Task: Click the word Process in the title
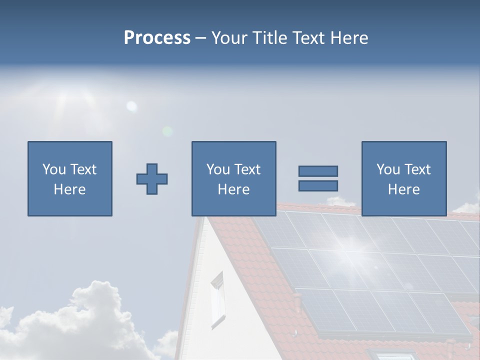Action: click(x=157, y=38)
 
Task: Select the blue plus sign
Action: click(x=152, y=179)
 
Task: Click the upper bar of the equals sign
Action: click(x=318, y=171)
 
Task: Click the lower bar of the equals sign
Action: click(x=318, y=186)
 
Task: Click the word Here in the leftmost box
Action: click(x=69, y=189)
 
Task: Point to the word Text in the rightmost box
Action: click(x=418, y=169)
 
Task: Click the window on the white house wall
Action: click(x=217, y=299)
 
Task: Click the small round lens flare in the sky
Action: click(x=131, y=106)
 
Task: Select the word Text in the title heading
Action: click(x=307, y=38)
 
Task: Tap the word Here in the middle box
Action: click(x=233, y=189)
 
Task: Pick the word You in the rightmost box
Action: click(x=388, y=169)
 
